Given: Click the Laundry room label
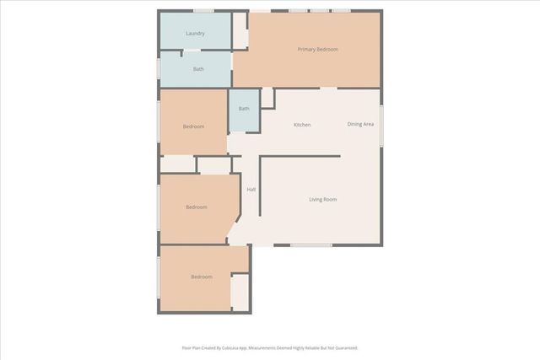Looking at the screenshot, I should point(195,34).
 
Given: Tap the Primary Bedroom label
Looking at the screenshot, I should point(317,50).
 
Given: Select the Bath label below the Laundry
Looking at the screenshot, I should point(198,69).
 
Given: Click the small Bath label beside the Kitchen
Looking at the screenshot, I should point(244,109).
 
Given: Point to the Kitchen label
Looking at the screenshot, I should point(302,125).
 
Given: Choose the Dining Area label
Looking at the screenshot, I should point(361,125).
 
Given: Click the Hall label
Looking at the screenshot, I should point(251,189).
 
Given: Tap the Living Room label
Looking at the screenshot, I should point(322,199).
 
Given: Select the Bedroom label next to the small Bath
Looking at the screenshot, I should point(194,126).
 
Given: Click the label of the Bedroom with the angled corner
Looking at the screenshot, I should point(197,207).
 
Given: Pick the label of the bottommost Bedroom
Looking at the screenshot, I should point(201,277).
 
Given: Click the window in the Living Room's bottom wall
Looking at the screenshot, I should point(310,245).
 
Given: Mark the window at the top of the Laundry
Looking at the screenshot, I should point(203,11).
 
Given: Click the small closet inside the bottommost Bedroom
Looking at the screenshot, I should point(240,293).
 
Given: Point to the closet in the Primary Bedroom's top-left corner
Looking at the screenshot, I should point(240,31).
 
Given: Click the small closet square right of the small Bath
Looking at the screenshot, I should point(267,98).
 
